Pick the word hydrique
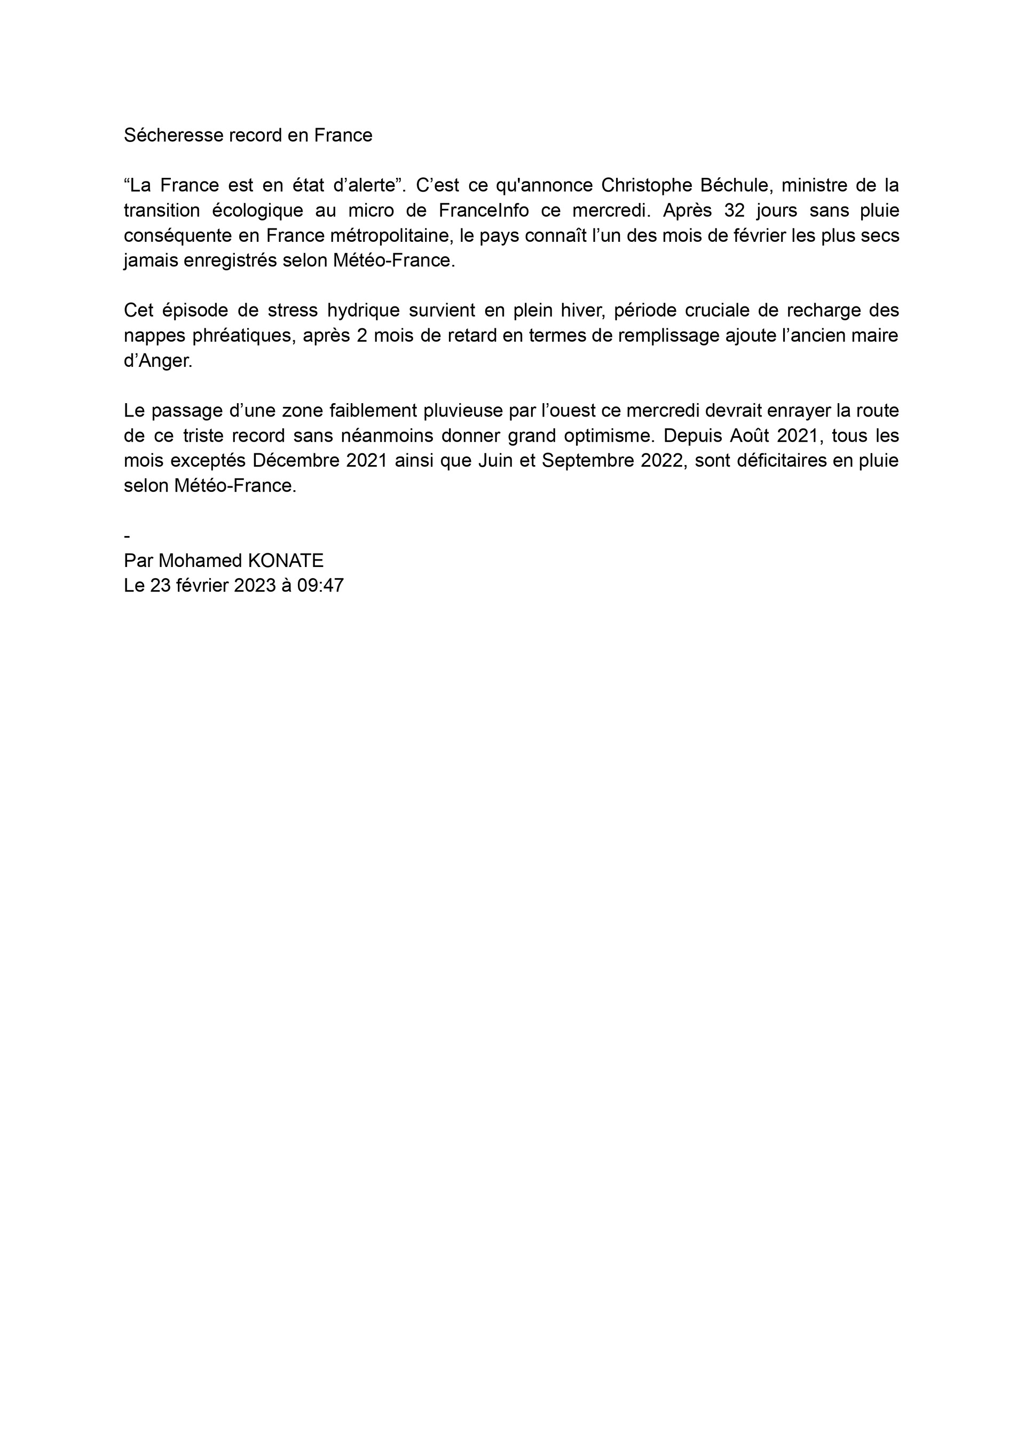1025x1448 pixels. tap(364, 311)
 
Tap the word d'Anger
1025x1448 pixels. tap(158, 361)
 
